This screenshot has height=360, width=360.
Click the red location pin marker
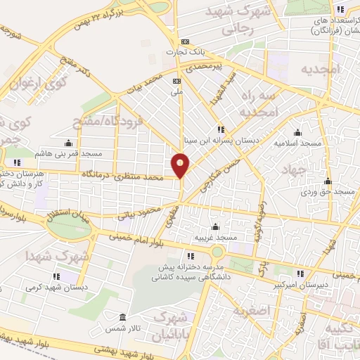tap(181, 165)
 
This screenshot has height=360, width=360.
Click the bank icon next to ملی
tap(176, 81)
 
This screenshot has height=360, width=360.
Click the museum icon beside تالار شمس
tap(123, 316)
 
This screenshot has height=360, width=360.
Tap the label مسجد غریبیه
tap(217, 237)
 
